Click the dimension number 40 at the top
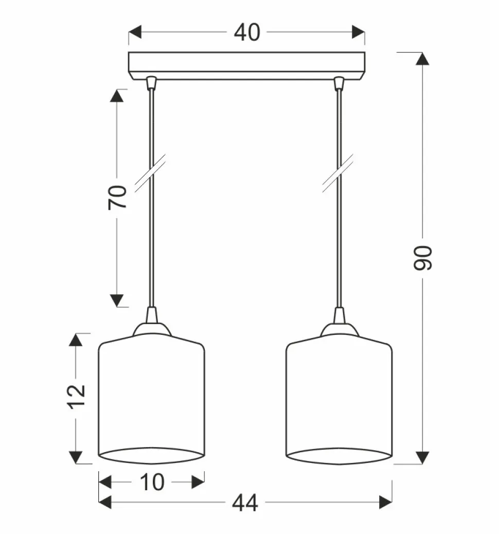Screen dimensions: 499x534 (x=247, y=33)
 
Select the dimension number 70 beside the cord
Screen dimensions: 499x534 (x=117, y=197)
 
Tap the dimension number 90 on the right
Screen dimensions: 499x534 (x=423, y=258)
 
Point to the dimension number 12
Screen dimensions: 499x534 (x=76, y=397)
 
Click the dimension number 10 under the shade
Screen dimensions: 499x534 (x=152, y=482)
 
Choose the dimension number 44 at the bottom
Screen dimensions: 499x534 (x=245, y=503)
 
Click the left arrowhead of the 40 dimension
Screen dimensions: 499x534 (x=135, y=32)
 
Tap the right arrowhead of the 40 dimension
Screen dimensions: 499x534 (x=359, y=32)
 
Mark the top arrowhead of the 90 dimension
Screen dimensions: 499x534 (x=423, y=59)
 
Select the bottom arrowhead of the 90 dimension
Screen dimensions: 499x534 (x=423, y=457)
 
